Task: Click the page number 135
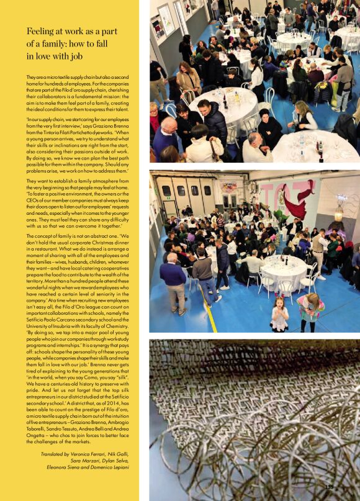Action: [x=329, y=487]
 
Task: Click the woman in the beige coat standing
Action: [x=189, y=79]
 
